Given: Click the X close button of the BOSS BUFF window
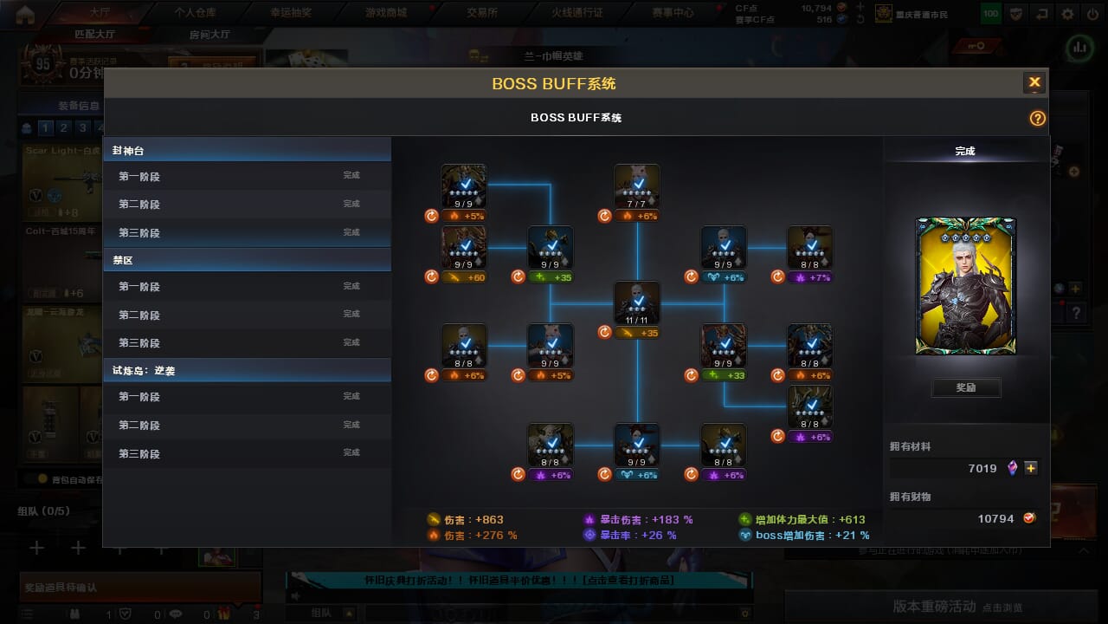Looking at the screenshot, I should pos(1034,83).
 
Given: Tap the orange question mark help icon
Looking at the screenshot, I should pos(1037,119).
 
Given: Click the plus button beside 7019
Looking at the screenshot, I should pos(1031,468).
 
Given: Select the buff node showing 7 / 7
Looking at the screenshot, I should pos(637,185).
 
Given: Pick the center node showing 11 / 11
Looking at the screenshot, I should pos(637,303).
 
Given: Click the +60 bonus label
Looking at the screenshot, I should pos(465,277).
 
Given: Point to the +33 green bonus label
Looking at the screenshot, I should pos(725,375).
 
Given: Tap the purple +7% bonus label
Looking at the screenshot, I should pos(811,277).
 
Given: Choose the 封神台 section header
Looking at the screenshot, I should pos(247,151).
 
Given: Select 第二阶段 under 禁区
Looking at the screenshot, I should pos(247,315).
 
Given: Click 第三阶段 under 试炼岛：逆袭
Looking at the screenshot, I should pos(247,453).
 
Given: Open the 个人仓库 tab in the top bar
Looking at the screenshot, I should pos(195,13).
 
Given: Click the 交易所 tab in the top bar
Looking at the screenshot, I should pos(481,13).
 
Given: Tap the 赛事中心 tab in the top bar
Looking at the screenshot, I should pos(672,13).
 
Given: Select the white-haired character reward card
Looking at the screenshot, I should pos(965,286).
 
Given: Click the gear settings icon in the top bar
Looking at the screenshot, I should pos(1067,14).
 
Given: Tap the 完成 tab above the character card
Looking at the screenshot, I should pos(965,151).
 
